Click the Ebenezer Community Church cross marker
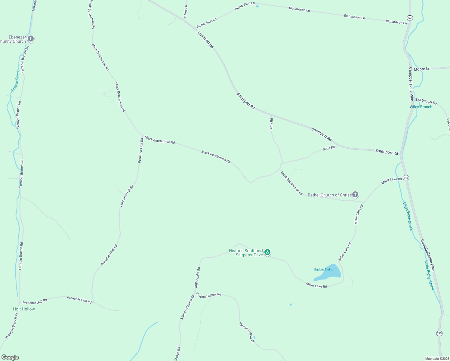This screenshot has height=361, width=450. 30,39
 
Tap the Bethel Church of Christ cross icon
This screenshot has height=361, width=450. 355,195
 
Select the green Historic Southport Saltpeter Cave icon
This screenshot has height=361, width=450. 267,252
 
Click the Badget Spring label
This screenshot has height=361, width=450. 324,270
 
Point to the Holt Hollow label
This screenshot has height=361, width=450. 24,309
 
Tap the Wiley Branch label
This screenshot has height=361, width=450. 421,107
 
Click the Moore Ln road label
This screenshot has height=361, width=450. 422,69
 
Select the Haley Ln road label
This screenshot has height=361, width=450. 186,11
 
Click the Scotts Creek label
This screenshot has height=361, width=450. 16,81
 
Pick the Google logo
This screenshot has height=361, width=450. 10,357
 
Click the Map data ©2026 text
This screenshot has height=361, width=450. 436,359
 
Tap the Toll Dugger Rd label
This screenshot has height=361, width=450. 426,101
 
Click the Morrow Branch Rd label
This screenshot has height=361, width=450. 187,307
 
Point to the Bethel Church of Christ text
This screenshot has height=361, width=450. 329,195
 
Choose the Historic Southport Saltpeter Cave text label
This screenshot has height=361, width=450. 246,253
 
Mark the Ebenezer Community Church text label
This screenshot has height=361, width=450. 14,39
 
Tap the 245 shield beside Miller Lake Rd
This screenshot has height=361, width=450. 406,178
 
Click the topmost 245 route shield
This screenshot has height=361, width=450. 410,18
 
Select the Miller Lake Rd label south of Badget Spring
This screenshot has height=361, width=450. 316,285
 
